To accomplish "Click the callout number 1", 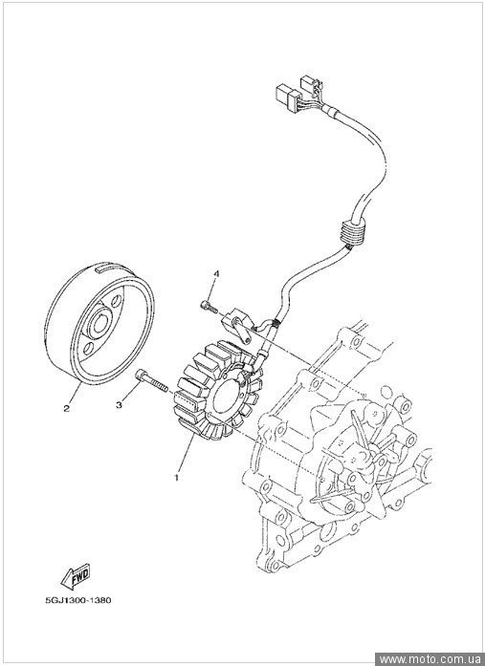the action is coord(176,478).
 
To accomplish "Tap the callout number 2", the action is coord(66,409).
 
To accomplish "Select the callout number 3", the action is coord(119,405).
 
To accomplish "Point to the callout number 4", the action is coord(216,274).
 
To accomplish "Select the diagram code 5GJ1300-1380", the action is coord(78,601).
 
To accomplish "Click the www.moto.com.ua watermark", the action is coord(430,659).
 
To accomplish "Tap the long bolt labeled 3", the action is coord(151,381).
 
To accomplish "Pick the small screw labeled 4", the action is coord(209,307).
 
